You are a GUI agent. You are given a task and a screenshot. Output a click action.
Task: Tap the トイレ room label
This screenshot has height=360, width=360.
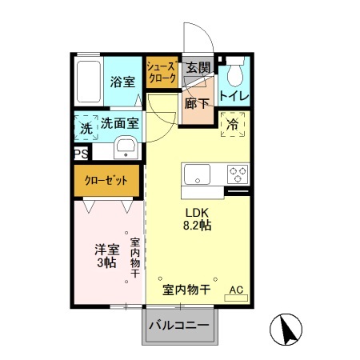234,97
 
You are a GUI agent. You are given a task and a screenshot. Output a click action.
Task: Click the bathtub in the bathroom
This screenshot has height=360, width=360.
89,80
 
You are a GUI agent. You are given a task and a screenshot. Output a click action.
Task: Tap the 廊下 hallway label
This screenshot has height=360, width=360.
196,102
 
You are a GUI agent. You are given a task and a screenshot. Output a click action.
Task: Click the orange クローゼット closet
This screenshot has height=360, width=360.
107,182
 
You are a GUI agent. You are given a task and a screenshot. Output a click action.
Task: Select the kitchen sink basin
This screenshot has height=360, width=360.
197,174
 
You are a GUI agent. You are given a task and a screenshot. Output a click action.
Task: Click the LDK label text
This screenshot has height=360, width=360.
198,213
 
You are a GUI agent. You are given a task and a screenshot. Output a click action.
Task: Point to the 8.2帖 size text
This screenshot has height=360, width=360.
198,226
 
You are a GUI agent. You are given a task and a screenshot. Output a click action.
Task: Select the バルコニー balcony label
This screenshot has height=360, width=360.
180,326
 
